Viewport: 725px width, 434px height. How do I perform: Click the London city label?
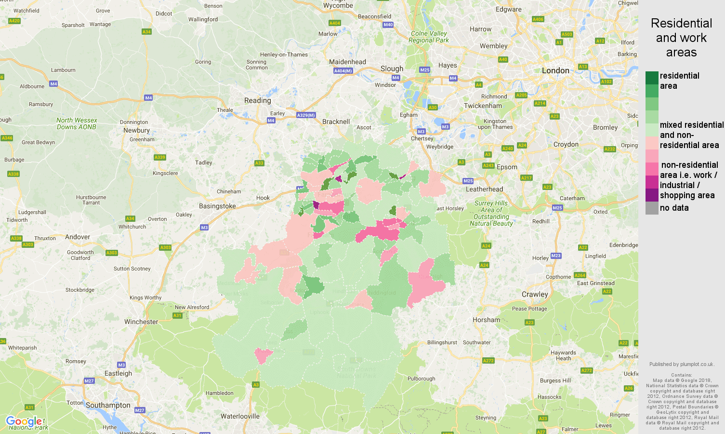pos(555,70)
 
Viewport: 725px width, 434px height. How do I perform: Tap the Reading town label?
pos(257,100)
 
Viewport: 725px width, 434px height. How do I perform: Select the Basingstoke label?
pos(217,206)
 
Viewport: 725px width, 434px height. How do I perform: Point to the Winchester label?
pos(141,322)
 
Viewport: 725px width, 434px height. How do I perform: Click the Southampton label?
pos(108,405)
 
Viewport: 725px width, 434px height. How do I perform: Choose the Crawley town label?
pos(535,294)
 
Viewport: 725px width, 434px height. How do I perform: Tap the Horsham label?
pos(486,320)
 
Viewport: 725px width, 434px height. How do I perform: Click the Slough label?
pos(392,68)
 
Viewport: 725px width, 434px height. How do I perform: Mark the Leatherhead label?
pos(484,189)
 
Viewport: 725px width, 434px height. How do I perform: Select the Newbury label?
pos(136,130)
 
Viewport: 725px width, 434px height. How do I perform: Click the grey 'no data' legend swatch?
pos(652,208)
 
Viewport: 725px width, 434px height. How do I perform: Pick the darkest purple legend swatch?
pos(652,195)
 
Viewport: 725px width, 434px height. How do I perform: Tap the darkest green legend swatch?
pos(652,78)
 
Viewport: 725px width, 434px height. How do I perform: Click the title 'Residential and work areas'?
pos(681,38)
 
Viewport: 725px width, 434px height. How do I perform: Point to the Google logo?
pos(24,421)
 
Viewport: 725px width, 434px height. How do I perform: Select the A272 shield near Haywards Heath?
pos(586,370)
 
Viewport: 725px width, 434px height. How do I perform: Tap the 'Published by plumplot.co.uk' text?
pos(681,364)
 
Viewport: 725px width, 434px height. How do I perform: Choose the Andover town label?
pos(78,237)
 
